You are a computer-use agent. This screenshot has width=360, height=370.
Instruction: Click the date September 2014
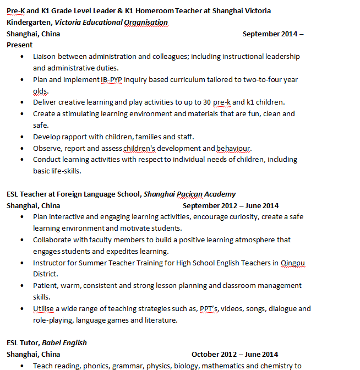(270, 34)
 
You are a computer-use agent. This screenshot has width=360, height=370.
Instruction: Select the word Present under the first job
(19, 45)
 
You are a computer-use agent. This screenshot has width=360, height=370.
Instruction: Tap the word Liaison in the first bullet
(45, 57)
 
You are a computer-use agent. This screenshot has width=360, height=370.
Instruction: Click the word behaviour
(233, 148)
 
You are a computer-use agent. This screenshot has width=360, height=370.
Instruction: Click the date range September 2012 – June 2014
(231, 205)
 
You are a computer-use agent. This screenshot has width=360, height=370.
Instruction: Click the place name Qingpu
(292, 263)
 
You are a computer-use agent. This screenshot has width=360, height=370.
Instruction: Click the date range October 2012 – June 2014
(234, 354)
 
